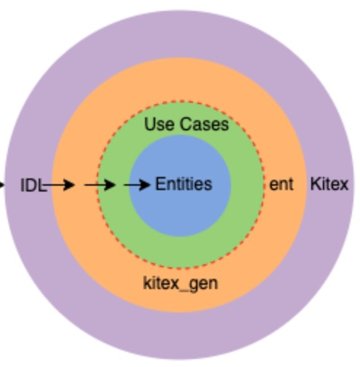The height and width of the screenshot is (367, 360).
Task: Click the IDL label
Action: [x=34, y=185]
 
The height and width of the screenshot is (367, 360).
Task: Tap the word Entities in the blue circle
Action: [x=184, y=184]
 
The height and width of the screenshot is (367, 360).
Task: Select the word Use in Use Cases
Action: [x=160, y=124]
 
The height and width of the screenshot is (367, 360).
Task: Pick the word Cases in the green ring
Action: [x=204, y=124]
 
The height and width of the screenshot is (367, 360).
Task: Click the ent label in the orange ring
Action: [x=281, y=184]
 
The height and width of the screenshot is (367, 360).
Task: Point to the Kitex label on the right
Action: [x=329, y=184]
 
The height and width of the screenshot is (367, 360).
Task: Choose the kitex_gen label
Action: [x=181, y=283]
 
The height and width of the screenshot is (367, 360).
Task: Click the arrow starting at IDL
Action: [x=59, y=185]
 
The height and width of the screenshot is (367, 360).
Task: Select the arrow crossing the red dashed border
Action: [x=100, y=185]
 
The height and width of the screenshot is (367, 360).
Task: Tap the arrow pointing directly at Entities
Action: [x=137, y=185]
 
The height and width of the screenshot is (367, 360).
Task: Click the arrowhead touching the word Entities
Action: [x=145, y=185]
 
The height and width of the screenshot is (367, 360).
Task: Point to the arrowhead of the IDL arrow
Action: [x=69, y=185]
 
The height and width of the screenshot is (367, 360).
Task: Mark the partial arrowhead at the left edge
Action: [x=2, y=185]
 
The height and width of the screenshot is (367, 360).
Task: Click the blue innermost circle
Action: [x=180, y=213]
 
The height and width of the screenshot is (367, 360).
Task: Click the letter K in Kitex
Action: [x=315, y=184]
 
